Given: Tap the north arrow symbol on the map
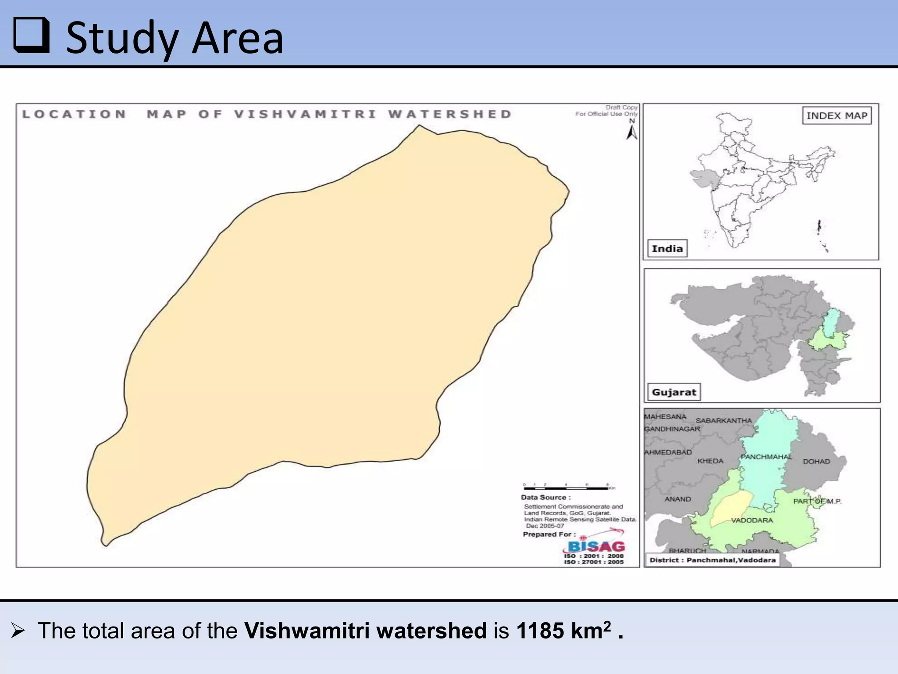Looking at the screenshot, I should (631, 132).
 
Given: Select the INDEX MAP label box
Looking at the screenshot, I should (837, 116).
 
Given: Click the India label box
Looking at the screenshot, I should (667, 249).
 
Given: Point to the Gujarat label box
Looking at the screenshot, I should (673, 392).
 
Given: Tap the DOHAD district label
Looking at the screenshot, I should (816, 462).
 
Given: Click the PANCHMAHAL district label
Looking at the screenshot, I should (766, 457).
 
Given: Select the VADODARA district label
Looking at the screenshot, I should (752, 520).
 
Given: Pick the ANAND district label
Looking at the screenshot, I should (677, 499).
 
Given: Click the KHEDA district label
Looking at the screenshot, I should (710, 461).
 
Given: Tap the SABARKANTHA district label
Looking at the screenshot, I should (723, 421).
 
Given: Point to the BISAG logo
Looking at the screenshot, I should (596, 546).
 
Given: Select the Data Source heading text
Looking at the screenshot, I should (545, 498).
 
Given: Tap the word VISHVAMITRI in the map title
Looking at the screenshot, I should (305, 115).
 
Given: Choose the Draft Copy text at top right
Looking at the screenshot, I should (621, 108).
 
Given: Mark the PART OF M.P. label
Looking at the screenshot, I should (817, 501).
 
